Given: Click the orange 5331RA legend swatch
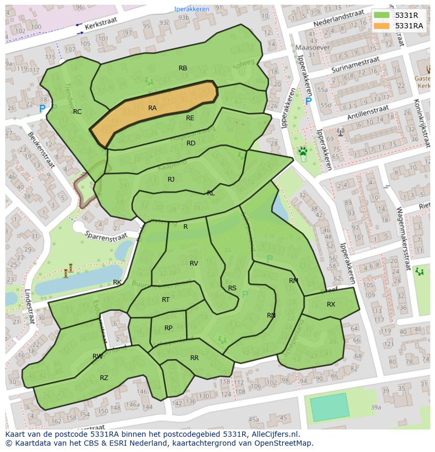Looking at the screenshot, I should point(382,26).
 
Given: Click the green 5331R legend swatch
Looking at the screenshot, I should point(382,15).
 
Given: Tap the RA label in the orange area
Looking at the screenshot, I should point(152,108).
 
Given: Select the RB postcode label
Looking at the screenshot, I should point(183,68).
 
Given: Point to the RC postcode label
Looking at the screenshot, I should point(77,112).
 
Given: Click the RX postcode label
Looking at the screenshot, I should point(331,304).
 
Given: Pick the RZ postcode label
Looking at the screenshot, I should point(104,378).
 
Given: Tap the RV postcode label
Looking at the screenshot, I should point(194,264).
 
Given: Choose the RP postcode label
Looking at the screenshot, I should point(168,328).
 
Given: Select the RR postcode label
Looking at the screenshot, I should point(194,358).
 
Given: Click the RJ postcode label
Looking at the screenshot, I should point(171,180).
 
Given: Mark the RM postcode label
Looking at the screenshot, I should point(294,281).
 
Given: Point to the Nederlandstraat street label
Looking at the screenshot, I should point(338,20).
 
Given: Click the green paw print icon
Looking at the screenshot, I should point(303,152).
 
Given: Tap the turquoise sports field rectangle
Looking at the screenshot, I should point(329,407).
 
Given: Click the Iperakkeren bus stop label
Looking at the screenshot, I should point(192,9).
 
